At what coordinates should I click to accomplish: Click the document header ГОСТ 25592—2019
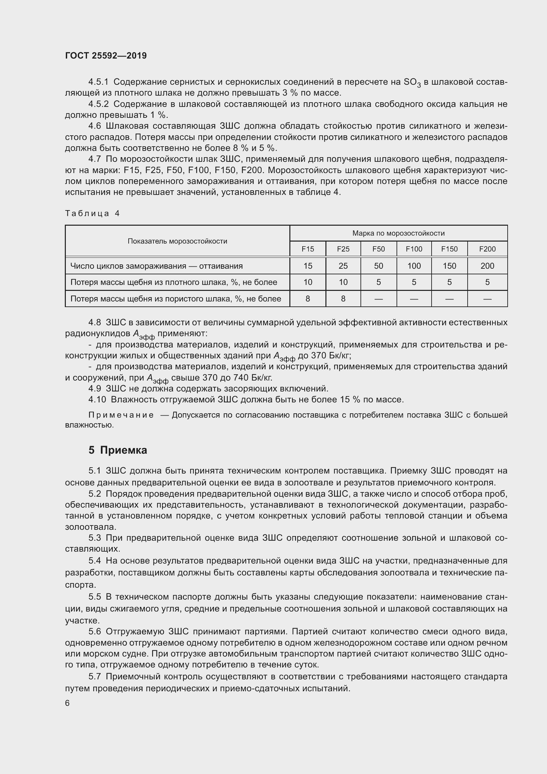click(x=106, y=56)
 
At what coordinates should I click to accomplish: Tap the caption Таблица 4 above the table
click(x=92, y=213)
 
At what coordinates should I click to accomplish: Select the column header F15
click(x=308, y=249)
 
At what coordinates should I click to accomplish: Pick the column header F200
click(x=487, y=249)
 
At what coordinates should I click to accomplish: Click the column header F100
click(x=414, y=249)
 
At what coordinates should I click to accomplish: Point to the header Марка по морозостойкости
click(x=398, y=233)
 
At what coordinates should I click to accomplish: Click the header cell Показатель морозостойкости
click(x=177, y=241)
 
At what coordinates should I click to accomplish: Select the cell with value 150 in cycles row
click(x=449, y=266)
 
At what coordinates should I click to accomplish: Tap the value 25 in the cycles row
click(x=343, y=266)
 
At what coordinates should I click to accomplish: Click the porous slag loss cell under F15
click(x=308, y=299)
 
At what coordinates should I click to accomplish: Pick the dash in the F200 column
click(x=487, y=299)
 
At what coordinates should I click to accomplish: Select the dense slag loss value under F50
click(x=378, y=282)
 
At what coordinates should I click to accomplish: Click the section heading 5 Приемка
click(x=117, y=450)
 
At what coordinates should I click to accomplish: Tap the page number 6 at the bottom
click(x=67, y=703)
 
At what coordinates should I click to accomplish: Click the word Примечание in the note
click(x=121, y=415)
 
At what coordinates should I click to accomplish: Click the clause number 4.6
click(x=94, y=126)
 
